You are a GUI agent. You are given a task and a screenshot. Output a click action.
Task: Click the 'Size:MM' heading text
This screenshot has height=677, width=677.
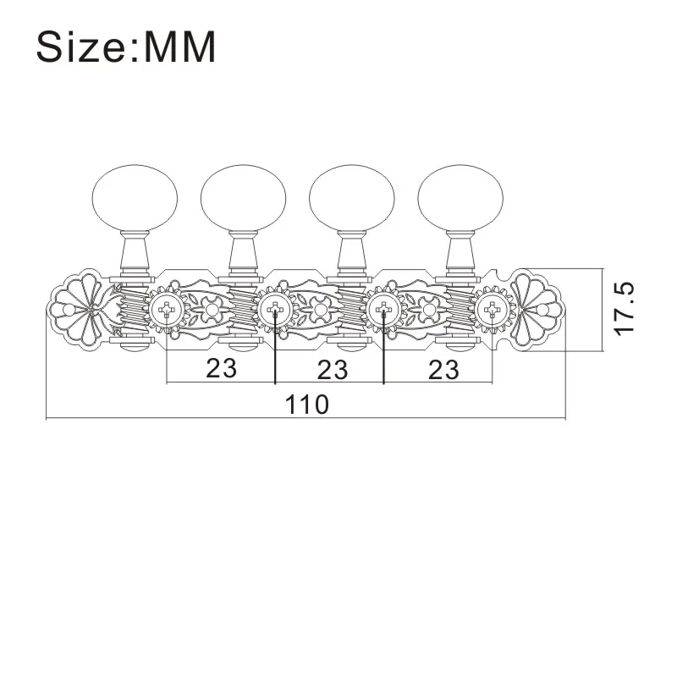[x=126, y=47]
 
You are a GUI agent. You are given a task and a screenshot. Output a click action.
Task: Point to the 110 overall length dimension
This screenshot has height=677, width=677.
[x=305, y=405]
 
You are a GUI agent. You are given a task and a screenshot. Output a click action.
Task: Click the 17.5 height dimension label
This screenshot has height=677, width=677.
[x=625, y=308]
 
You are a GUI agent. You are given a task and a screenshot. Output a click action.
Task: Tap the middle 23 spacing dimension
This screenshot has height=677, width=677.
[x=332, y=368]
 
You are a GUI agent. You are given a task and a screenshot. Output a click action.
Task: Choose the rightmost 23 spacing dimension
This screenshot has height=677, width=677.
[x=443, y=368]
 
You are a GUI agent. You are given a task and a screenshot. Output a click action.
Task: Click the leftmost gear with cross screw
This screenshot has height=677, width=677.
[x=166, y=310]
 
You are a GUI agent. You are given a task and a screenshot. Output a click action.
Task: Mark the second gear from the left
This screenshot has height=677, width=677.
[x=275, y=310]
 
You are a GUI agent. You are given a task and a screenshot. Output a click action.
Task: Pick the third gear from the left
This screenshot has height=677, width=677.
[x=383, y=310]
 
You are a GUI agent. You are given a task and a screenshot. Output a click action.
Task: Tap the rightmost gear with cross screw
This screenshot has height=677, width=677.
[x=492, y=310]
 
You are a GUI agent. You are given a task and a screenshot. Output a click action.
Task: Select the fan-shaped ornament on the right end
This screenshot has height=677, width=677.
[x=535, y=306]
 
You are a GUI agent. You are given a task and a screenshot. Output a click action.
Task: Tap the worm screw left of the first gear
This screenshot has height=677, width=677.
[x=134, y=310]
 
